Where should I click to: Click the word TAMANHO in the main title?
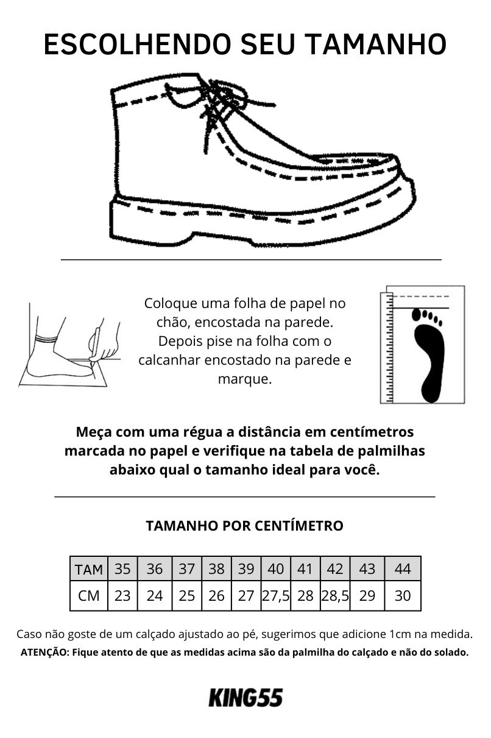point(376,43)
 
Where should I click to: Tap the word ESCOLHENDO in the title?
point(136,43)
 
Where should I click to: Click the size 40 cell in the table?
point(276,569)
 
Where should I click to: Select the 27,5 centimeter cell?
point(276,596)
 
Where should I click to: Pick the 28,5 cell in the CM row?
point(335,596)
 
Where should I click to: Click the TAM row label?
point(89,569)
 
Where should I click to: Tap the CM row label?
point(89,596)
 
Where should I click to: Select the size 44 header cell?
point(403,569)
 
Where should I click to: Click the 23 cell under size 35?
point(122,596)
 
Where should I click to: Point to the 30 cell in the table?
point(403,596)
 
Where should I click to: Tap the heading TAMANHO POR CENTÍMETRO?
point(244,526)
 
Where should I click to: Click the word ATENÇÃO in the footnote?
point(44,653)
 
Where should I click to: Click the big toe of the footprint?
point(417,315)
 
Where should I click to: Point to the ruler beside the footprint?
point(389,348)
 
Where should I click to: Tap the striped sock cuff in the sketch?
point(47,339)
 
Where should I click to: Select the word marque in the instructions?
point(245,379)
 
